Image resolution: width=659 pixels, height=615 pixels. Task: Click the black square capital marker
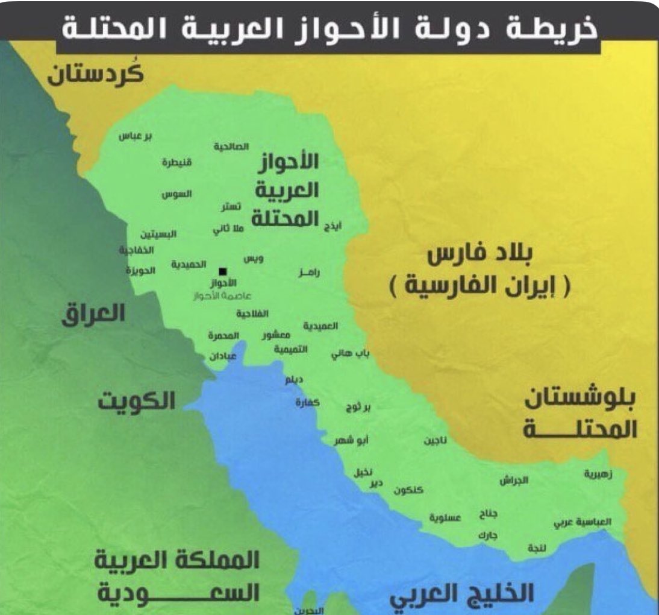pyautogui.click(x=222, y=271)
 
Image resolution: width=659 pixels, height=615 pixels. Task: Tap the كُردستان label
pyautogui.click(x=96, y=75)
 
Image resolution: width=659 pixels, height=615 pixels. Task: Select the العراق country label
pyautogui.click(x=93, y=314)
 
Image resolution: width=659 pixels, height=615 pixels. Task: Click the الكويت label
pyautogui.click(x=137, y=400)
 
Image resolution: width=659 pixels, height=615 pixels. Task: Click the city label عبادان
pyautogui.click(x=223, y=356)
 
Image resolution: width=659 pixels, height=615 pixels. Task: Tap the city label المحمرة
pyautogui.click(x=224, y=335)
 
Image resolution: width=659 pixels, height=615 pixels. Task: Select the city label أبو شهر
pyautogui.click(x=352, y=441)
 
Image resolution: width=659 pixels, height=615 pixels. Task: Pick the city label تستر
pyautogui.click(x=231, y=206)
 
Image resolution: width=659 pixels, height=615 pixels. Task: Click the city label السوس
pyautogui.click(x=176, y=194)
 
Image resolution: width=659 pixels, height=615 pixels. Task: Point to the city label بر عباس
pyautogui.click(x=135, y=136)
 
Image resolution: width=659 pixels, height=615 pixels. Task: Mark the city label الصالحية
pyautogui.click(x=231, y=147)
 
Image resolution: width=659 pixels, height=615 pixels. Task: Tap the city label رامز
pyautogui.click(x=309, y=273)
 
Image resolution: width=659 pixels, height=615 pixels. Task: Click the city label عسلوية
pyautogui.click(x=445, y=517)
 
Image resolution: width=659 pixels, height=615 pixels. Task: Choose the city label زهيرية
pyautogui.click(x=598, y=473)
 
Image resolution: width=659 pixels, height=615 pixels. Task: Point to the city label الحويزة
pyautogui.click(x=140, y=270)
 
